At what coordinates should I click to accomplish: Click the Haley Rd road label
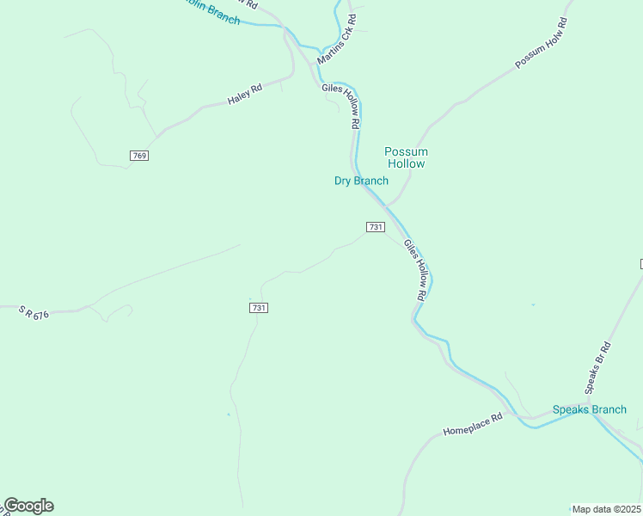click(x=245, y=95)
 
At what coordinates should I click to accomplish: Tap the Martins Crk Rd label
click(x=336, y=40)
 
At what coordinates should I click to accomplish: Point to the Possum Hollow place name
click(x=406, y=157)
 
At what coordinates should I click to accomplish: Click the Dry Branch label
click(x=361, y=181)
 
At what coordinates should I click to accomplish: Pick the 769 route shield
click(x=140, y=156)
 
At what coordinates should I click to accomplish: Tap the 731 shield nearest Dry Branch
click(x=375, y=227)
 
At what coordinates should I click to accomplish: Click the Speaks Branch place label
click(x=590, y=409)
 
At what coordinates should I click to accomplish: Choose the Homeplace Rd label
click(x=472, y=423)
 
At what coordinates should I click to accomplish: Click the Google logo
click(x=28, y=506)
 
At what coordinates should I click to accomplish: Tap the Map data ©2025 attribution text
click(x=607, y=509)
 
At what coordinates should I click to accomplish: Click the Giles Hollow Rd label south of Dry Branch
click(x=415, y=270)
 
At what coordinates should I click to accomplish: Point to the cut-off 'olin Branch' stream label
click(x=211, y=11)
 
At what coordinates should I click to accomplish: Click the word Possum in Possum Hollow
click(x=406, y=151)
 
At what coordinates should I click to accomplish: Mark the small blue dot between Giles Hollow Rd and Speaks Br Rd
click(x=533, y=304)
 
